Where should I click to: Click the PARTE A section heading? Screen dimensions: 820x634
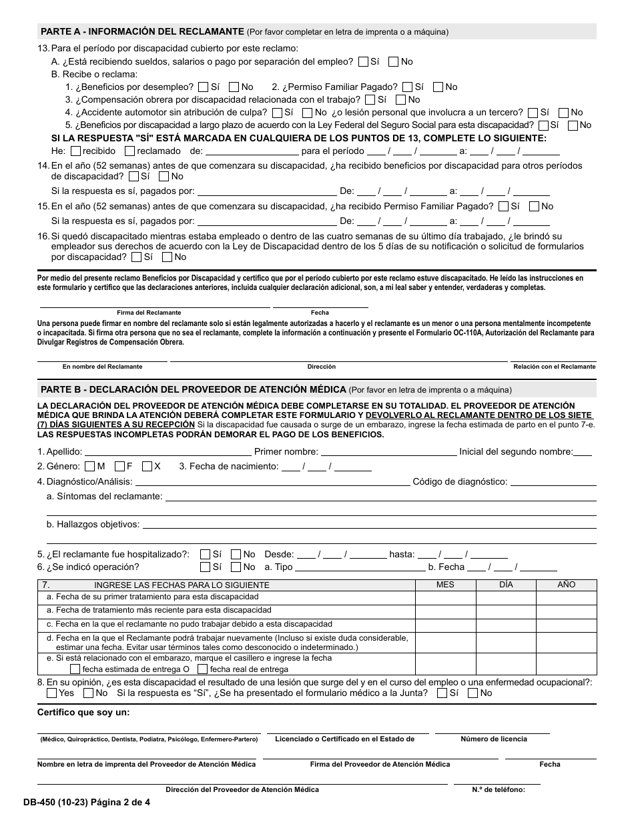click(x=142, y=31)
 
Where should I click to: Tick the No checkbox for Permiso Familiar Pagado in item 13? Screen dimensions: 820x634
click(x=438, y=87)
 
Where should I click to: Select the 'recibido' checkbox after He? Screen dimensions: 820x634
click(x=75, y=151)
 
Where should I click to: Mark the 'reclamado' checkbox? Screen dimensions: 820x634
click(x=129, y=151)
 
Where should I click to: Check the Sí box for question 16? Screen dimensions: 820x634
click(x=137, y=257)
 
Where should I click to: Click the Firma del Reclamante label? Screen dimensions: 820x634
click(x=149, y=313)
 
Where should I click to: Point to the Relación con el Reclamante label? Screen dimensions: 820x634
click(x=554, y=367)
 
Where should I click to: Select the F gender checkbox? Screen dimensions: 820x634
click(x=120, y=466)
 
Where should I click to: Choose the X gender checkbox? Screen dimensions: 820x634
click(x=147, y=466)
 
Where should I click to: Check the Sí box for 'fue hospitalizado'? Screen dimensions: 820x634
click(x=205, y=554)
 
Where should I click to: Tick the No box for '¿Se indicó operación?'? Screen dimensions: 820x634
click(x=236, y=567)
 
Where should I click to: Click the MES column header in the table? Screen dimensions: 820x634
click(x=445, y=585)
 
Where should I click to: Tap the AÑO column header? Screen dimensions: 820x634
click(x=566, y=585)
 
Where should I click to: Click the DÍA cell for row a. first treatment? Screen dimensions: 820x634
click(x=506, y=597)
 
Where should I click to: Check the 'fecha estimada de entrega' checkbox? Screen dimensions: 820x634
click(x=75, y=669)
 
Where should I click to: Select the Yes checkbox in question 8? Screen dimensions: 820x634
click(x=51, y=693)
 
